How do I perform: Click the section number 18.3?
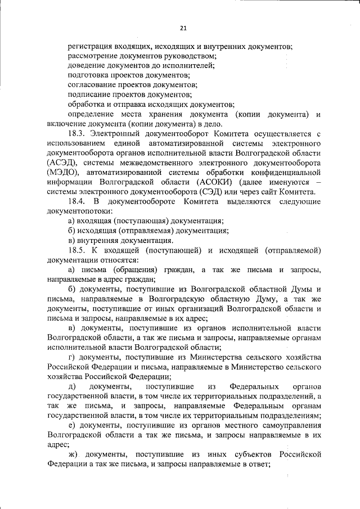coord(76,133)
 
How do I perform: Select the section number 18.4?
coord(76,201)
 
